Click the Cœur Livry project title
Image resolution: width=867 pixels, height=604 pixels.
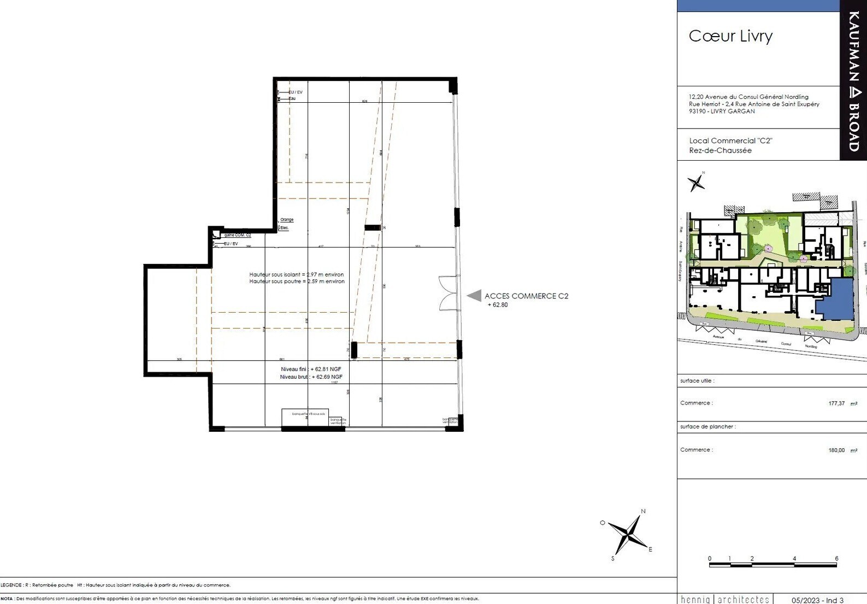tap(730, 36)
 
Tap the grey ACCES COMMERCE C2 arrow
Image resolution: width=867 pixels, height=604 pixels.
tap(474, 296)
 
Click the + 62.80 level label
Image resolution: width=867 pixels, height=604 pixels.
tap(498, 305)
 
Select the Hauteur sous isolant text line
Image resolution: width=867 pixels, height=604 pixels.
tap(297, 274)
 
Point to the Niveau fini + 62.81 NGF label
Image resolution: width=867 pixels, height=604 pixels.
tap(311, 369)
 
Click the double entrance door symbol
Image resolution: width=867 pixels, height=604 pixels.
tap(450, 294)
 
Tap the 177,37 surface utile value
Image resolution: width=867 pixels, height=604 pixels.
tap(836, 403)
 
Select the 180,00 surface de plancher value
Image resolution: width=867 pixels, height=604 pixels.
tap(836, 450)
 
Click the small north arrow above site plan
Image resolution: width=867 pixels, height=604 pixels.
tap(696, 182)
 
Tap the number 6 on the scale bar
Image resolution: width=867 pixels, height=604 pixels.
tap(836, 558)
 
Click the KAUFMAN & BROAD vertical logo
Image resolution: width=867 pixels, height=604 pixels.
tap(853, 80)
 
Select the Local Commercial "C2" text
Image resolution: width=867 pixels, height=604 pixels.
tap(730, 140)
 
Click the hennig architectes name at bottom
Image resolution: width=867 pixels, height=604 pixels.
tap(725, 600)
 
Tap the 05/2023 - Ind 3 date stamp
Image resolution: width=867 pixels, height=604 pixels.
tap(817, 600)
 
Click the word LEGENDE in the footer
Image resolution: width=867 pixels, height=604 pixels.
tap(11, 585)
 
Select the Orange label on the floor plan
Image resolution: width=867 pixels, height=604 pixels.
tap(287, 220)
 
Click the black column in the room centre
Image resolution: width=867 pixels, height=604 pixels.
tap(373, 227)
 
